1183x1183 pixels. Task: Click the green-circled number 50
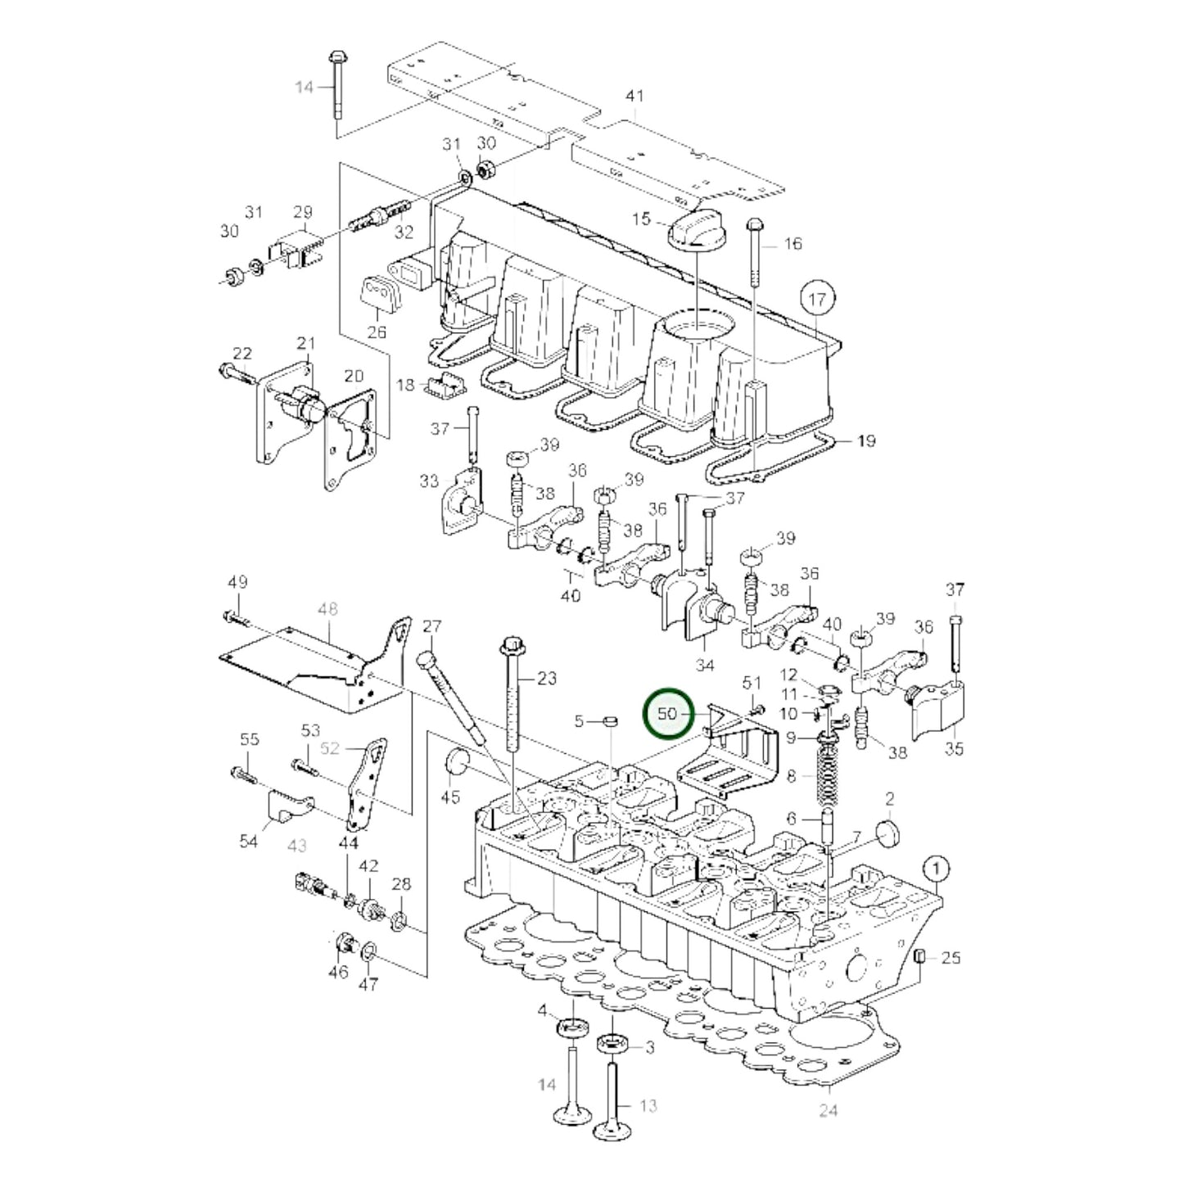(669, 714)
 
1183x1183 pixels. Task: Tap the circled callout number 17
(817, 300)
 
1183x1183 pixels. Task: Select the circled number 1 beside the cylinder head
(937, 868)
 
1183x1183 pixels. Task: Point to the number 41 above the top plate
(634, 97)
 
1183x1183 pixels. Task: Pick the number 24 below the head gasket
(829, 1110)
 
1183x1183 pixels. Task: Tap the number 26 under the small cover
(376, 332)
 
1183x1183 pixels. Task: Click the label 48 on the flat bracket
(327, 610)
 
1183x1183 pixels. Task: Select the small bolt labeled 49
(233, 618)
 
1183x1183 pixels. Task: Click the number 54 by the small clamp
(249, 841)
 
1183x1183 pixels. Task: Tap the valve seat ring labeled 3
(612, 1044)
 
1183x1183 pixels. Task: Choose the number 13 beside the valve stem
(648, 1106)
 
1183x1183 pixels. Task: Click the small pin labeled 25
(919, 957)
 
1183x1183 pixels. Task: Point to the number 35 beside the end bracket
(954, 748)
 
